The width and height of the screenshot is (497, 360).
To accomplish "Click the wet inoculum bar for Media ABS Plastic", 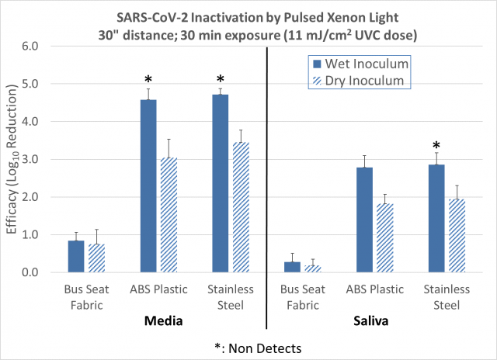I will [x=148, y=186].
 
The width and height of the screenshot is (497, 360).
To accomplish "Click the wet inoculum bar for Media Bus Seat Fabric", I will [x=76, y=257].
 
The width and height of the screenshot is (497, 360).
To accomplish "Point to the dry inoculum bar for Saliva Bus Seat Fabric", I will [x=312, y=268].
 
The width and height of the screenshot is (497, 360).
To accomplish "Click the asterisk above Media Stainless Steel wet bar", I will [x=221, y=79].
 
